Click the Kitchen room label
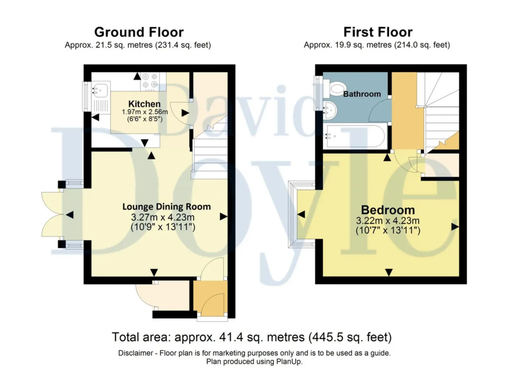click(x=144, y=104)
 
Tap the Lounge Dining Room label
click(x=167, y=207)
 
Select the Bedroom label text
click(x=388, y=210)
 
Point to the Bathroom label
click(x=362, y=94)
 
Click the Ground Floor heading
click(x=139, y=32)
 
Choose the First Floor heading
click(x=378, y=32)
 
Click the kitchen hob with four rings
click(x=150, y=81)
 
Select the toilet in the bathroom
click(x=335, y=89)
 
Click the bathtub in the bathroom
click(x=355, y=136)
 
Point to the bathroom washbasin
click(x=330, y=110)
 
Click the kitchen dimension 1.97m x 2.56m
click(x=145, y=112)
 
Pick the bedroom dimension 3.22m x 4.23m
click(x=388, y=221)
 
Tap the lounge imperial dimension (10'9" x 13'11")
click(x=163, y=227)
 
